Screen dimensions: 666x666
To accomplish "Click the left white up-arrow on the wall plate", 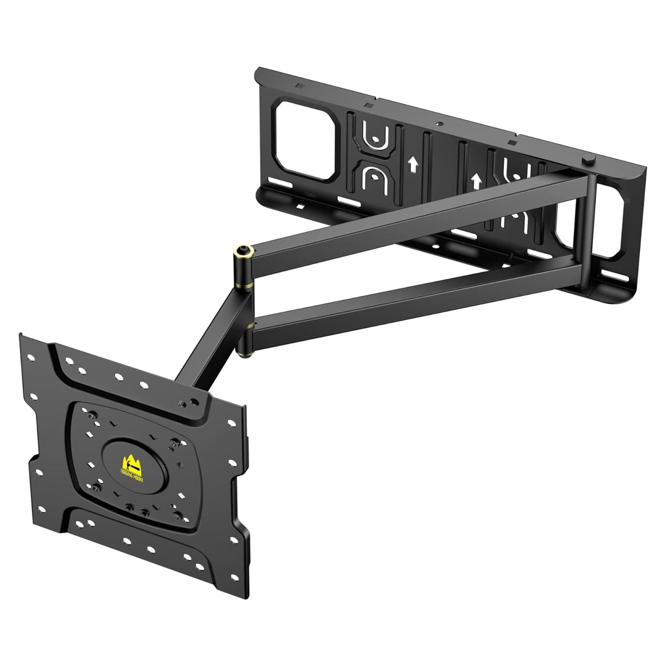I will point(413,164).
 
